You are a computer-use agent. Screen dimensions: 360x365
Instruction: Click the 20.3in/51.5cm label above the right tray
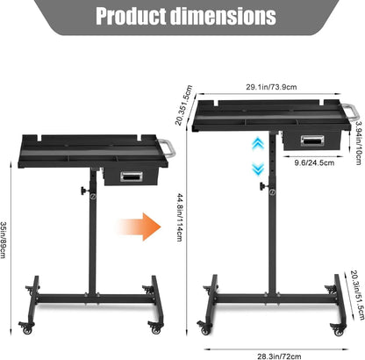183,105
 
